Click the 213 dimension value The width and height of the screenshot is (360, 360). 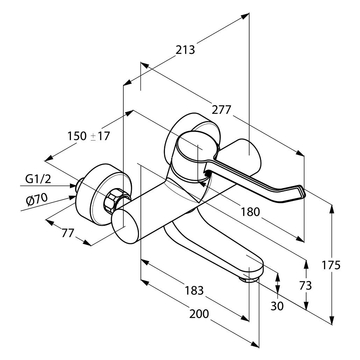point(185,50)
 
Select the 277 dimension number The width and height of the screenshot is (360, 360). point(222,110)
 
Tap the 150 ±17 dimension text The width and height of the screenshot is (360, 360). point(88,136)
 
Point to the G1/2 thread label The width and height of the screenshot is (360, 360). point(38,179)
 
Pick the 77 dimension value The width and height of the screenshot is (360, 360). point(68,233)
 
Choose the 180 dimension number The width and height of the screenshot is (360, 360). point(250,211)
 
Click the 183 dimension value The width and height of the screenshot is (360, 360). point(194,290)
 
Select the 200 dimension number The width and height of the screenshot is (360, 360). point(199,314)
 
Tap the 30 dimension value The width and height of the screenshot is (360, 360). point(277,306)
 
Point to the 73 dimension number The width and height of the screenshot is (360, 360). point(305,286)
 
